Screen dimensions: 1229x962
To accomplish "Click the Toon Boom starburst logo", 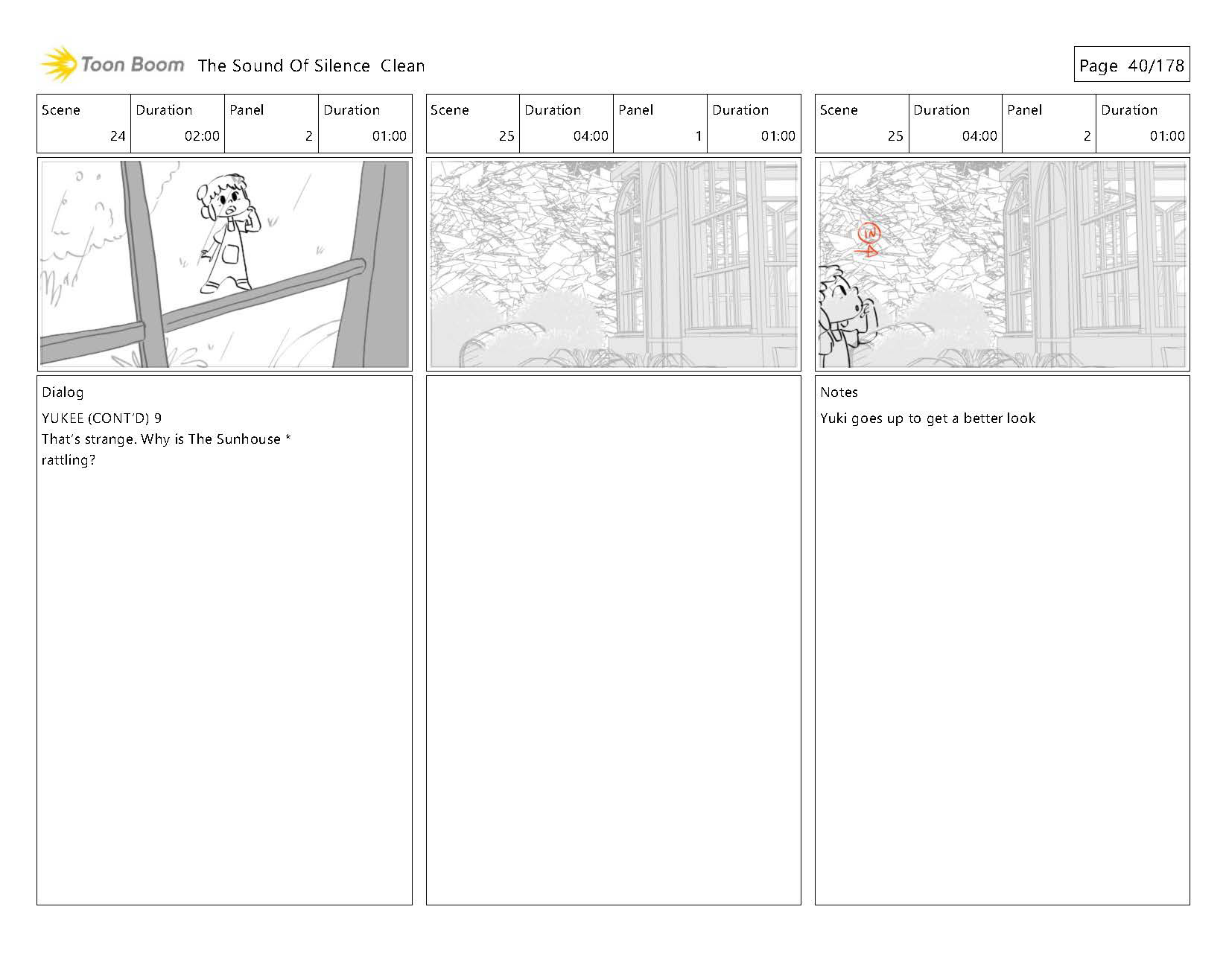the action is [58, 64].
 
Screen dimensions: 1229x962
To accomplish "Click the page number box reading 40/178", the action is [1131, 64].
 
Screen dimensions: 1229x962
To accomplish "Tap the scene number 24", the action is [118, 136].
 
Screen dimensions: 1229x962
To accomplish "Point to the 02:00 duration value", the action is [202, 136].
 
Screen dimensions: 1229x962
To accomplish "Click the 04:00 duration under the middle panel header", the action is [591, 136].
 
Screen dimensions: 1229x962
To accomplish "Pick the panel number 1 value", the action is [699, 136].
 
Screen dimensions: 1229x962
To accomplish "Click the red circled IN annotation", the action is [868, 233].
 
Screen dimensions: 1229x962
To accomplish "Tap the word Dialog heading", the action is [63, 393].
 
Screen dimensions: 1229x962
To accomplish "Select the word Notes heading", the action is [839, 392].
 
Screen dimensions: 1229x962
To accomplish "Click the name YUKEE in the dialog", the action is [63, 418].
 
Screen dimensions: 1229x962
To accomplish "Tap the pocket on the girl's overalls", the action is [231, 255].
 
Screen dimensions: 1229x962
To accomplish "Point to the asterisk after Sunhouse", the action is [288, 437].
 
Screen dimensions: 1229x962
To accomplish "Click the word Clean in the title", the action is [402, 66].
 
